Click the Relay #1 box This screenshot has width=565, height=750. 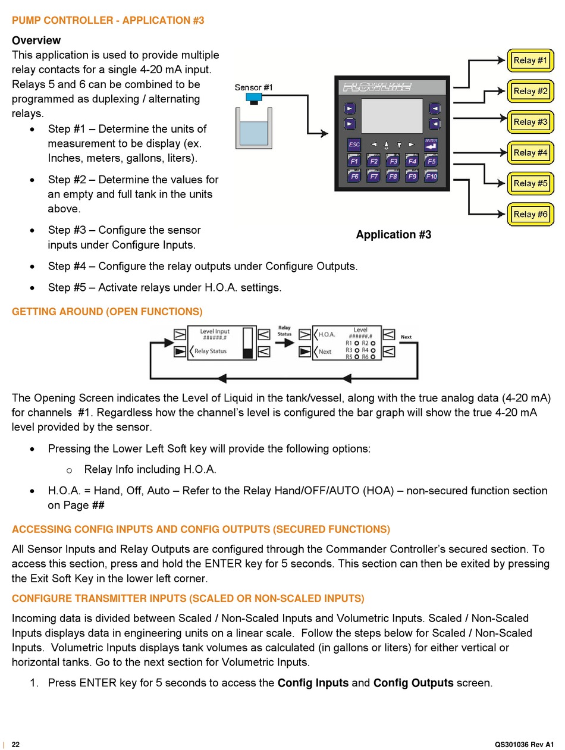[x=530, y=60]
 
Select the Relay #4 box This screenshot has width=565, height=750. [x=530, y=152]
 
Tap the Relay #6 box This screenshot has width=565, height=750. [x=530, y=214]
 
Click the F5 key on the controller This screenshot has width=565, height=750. [x=431, y=161]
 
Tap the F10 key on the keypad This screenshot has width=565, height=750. [x=431, y=176]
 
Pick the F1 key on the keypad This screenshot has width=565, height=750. [x=354, y=161]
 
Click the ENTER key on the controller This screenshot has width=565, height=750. [x=431, y=145]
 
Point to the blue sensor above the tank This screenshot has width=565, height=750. [x=254, y=98]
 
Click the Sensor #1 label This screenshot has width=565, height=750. [x=253, y=87]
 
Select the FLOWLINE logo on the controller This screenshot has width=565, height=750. [x=377, y=87]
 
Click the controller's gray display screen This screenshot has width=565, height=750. [x=392, y=116]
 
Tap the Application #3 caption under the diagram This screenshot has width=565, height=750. [x=394, y=234]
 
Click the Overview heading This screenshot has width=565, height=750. [x=36, y=40]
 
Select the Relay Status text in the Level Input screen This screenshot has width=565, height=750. [x=211, y=351]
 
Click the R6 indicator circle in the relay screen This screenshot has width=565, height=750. [x=373, y=357]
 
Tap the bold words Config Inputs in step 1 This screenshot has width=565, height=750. [x=313, y=683]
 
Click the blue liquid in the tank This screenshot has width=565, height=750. [x=254, y=133]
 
